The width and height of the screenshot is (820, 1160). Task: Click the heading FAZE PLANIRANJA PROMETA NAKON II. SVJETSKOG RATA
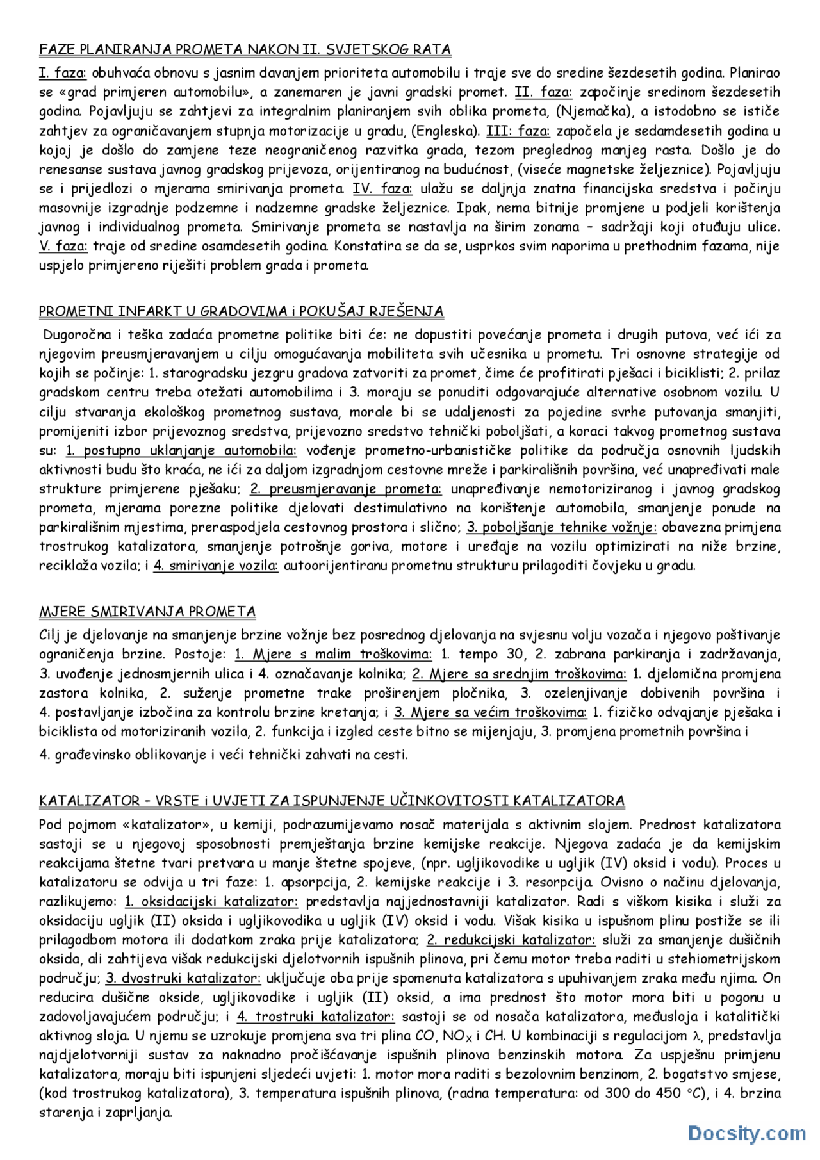coord(245,49)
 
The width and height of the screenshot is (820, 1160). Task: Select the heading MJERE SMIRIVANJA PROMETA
coord(147,612)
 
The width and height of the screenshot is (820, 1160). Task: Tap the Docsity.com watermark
coord(747,1132)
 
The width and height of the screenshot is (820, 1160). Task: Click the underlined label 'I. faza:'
coord(63,73)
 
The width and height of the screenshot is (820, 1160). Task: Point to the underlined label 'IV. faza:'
coord(382,188)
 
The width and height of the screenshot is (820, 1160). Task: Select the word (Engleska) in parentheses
coord(445,131)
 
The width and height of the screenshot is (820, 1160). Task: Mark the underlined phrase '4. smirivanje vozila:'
coord(216,566)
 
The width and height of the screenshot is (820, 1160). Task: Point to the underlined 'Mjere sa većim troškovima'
coord(490,712)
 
